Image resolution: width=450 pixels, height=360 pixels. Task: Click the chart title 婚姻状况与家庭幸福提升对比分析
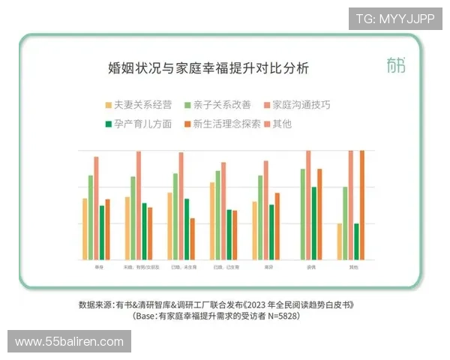(208, 69)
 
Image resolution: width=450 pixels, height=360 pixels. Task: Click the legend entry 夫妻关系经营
(142, 105)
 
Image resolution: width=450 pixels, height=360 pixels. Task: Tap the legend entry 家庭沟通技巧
(300, 105)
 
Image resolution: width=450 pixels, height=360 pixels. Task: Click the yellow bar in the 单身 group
(85, 229)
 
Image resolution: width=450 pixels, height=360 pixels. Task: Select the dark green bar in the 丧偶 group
(314, 223)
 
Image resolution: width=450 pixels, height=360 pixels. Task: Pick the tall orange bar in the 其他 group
(362, 204)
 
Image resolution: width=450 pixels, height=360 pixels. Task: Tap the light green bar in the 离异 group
(260, 217)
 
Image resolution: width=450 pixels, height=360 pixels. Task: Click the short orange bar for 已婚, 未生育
(193, 238)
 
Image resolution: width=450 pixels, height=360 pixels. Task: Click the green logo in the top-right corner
(396, 65)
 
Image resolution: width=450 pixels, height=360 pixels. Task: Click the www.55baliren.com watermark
(69, 342)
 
